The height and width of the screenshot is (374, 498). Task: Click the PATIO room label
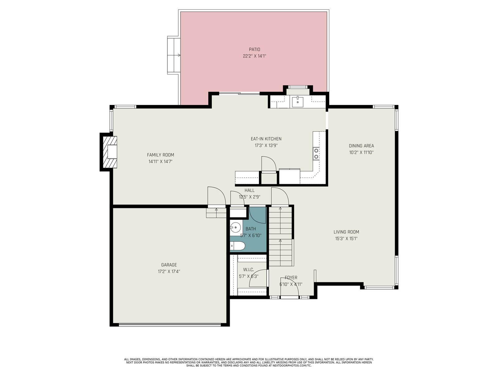(254, 49)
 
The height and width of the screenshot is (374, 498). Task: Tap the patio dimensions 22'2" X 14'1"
(254, 56)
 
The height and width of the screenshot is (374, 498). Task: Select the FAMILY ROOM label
(160, 155)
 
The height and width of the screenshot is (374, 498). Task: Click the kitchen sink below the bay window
(298, 102)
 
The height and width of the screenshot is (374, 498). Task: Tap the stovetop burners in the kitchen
(316, 153)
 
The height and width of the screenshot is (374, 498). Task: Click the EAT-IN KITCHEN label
(266, 139)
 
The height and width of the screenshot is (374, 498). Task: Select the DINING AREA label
(361, 146)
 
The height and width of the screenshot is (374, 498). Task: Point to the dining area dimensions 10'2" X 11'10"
(361, 152)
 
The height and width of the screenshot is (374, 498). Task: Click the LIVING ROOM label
(346, 232)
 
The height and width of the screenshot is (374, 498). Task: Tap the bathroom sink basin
(235, 227)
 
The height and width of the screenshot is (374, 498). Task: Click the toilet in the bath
(237, 246)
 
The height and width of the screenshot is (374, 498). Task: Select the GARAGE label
(169, 265)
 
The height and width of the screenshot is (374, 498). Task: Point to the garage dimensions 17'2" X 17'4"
(169, 271)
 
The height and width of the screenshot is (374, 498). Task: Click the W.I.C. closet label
(249, 270)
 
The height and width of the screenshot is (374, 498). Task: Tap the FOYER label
(291, 277)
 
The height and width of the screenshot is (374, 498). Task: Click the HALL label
(249, 190)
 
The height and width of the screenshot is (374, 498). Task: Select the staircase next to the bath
(281, 236)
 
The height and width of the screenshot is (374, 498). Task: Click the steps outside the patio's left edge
(174, 55)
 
